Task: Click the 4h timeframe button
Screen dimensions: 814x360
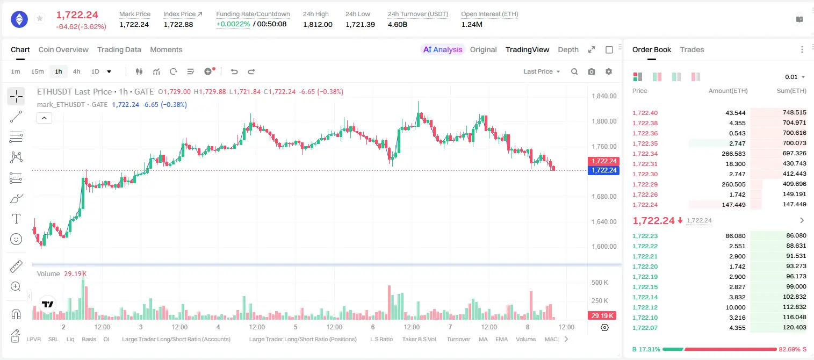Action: (x=76, y=71)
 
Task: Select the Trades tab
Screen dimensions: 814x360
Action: (x=692, y=49)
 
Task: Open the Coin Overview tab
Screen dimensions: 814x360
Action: (x=63, y=49)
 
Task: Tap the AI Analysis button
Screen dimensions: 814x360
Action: (x=443, y=49)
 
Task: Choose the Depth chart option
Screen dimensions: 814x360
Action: (x=568, y=49)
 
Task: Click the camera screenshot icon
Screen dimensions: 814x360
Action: (x=592, y=71)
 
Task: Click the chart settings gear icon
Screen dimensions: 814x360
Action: (x=609, y=71)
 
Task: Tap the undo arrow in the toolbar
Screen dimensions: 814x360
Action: (x=234, y=71)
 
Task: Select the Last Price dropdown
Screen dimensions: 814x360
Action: (x=542, y=71)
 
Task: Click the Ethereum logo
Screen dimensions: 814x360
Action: (x=19, y=19)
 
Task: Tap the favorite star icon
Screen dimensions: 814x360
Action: (x=40, y=18)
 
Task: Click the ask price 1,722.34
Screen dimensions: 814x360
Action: (x=645, y=154)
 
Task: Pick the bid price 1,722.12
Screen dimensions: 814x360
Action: (x=645, y=307)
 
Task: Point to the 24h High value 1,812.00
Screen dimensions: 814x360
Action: (x=318, y=24)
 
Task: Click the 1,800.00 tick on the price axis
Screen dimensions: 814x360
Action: (x=604, y=121)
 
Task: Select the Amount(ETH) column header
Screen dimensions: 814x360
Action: (x=728, y=91)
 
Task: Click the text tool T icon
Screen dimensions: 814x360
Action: (x=16, y=219)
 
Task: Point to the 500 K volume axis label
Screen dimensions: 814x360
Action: (x=600, y=283)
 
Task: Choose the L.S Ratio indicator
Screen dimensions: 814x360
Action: (x=381, y=339)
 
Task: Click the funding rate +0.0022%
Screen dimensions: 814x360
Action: (x=233, y=24)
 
